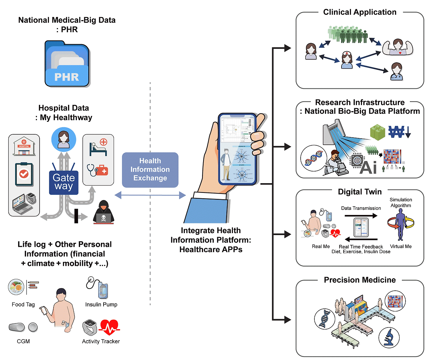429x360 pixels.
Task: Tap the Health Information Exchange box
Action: click(x=150, y=169)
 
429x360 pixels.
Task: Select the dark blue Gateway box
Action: click(x=64, y=182)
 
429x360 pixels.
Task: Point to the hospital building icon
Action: click(x=24, y=146)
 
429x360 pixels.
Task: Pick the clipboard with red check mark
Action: click(x=24, y=174)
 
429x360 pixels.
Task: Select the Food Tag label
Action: click(x=23, y=304)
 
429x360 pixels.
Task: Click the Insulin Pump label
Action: click(x=101, y=304)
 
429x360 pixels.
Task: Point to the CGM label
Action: click(x=23, y=341)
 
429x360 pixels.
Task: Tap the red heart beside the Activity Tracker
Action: click(x=109, y=327)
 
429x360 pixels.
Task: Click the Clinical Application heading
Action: click(x=360, y=12)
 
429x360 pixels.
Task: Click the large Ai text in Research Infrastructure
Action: click(x=368, y=167)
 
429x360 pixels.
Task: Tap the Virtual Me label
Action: click(x=401, y=246)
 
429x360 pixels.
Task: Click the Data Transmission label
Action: click(x=361, y=208)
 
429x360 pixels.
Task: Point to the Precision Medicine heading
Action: click(x=360, y=280)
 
